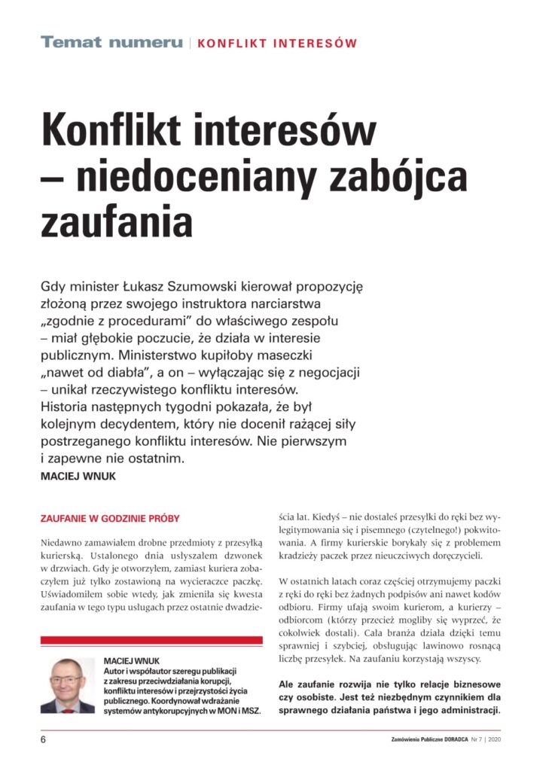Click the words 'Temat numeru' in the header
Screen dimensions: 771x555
pos(111,43)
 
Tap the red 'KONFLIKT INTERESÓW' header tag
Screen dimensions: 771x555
pos(276,44)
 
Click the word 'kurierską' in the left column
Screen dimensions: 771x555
pos(63,556)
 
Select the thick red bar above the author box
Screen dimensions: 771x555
pos(151,640)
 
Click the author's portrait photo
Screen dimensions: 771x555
pos(67,685)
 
